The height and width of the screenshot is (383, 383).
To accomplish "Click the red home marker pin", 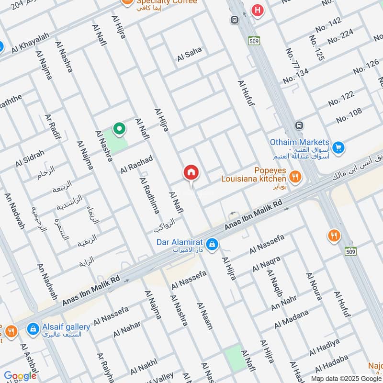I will click(191, 172).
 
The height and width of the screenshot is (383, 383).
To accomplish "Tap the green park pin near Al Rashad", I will click(119, 128).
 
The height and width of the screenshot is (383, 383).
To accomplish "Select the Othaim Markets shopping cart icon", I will click(338, 147).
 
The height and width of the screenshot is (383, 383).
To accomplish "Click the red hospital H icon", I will click(258, 10).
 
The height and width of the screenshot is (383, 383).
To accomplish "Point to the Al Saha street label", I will click(190, 54).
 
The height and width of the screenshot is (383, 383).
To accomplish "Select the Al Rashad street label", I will click(136, 164).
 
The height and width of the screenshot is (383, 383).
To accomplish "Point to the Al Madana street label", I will click(292, 319).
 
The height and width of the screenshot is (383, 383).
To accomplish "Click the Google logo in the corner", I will click(20, 376).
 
